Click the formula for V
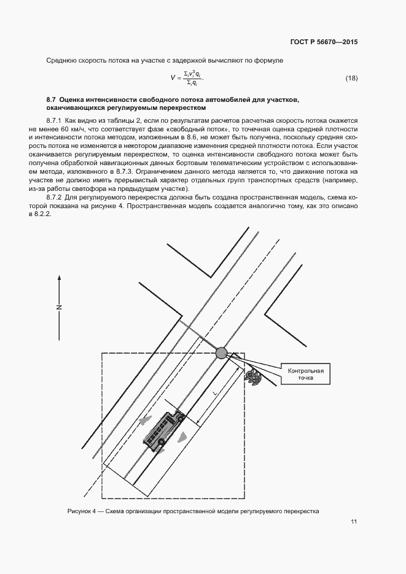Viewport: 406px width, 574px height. coord(187,78)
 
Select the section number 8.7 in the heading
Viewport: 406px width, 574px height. coord(52,99)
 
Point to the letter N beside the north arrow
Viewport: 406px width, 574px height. coord(60,307)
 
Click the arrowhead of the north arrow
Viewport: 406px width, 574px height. coord(60,277)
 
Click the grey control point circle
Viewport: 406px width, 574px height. coord(221,352)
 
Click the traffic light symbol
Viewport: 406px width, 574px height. coord(251,377)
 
